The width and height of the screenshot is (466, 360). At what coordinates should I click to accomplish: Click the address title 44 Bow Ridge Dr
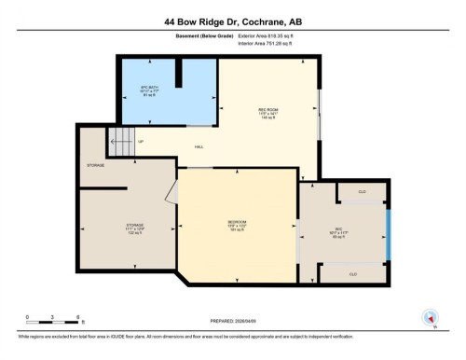pos(232,20)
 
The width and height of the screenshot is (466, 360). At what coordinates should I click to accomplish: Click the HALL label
pos(199,147)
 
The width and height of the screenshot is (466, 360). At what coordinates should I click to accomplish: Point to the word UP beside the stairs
pos(141,142)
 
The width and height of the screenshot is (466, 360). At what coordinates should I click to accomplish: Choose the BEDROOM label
pos(236,224)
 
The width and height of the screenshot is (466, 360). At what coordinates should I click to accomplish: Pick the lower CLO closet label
pos(353,274)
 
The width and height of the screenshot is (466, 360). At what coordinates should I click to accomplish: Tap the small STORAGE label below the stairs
pos(96,166)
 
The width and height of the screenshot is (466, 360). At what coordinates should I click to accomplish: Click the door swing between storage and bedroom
pos(171,192)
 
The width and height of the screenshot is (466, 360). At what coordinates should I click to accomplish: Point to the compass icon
pos(431,317)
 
